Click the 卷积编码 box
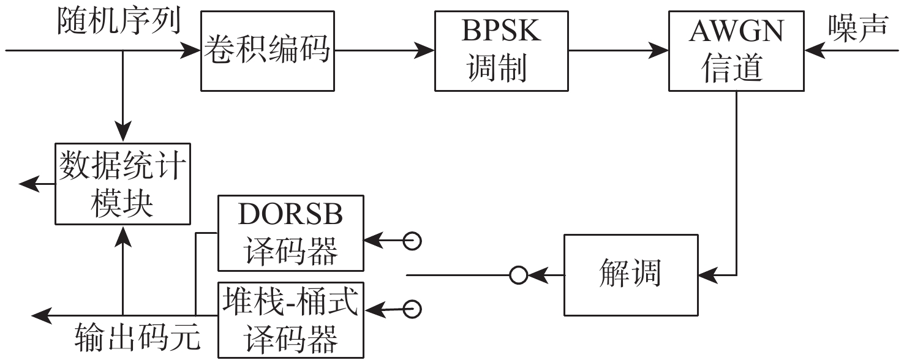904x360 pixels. point(268,51)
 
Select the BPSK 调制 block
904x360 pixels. point(500,51)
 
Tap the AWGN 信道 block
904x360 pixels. point(735,51)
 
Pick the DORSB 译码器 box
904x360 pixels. point(291,233)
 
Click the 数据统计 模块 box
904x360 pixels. point(122,184)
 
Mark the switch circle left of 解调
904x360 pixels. point(519,276)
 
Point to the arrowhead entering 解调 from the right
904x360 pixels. point(704,275)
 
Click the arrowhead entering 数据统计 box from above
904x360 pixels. point(122,135)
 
